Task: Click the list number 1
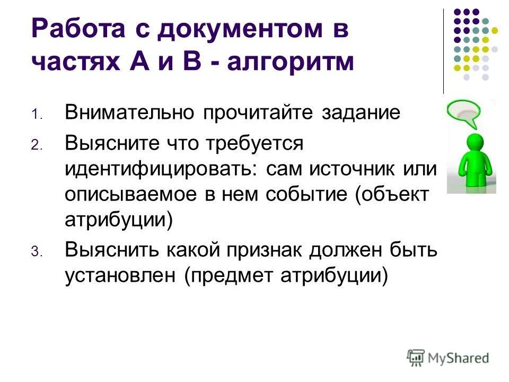(34, 115)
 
